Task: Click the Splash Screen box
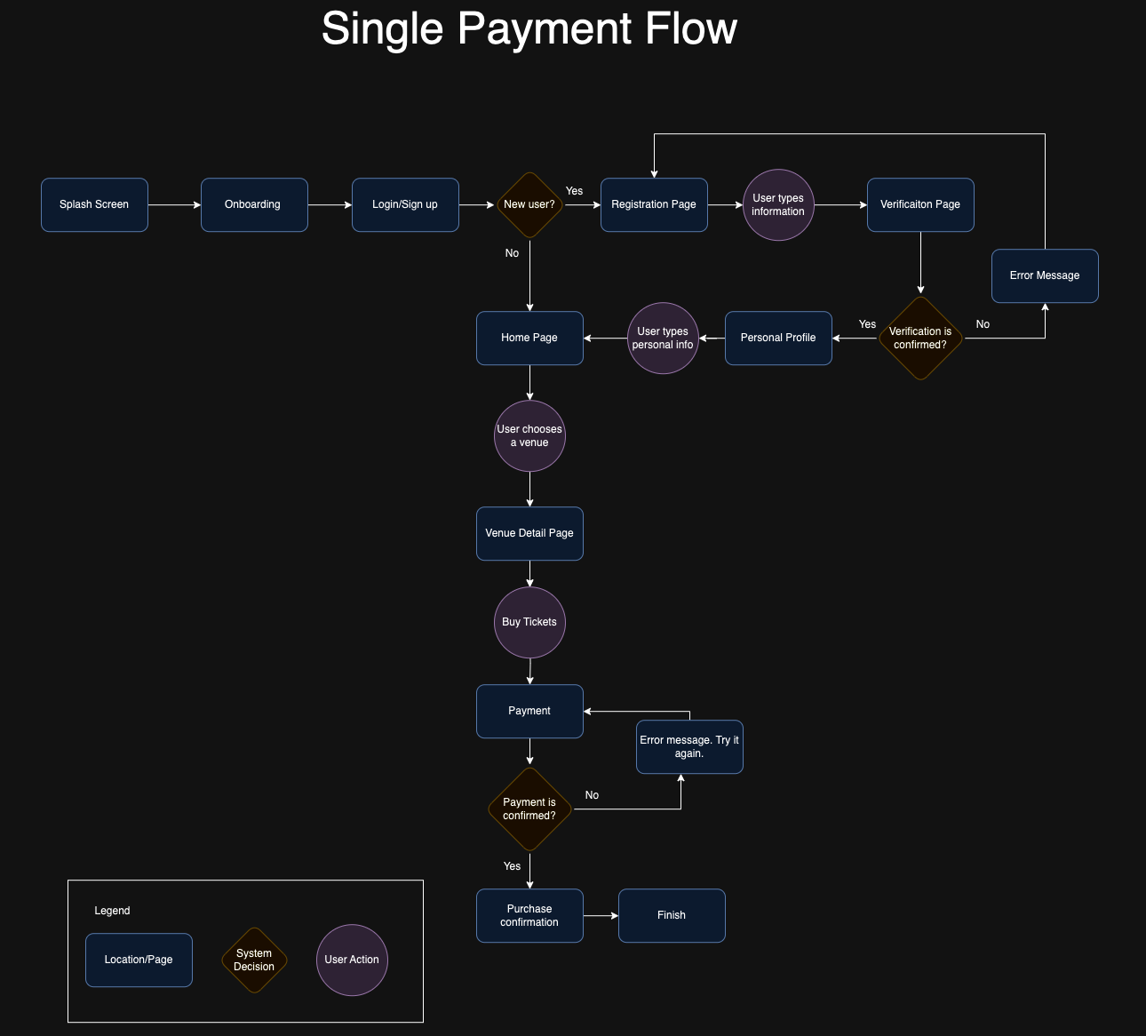94,205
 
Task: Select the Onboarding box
254,205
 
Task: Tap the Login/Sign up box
405,205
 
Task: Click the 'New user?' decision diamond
529,205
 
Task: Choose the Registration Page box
654,205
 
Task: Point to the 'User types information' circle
778,205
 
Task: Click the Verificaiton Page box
920,205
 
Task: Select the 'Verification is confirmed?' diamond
920,339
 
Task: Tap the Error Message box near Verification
1045,276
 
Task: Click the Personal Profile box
778,339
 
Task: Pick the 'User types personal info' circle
663,339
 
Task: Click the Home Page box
529,339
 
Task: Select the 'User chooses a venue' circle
529,436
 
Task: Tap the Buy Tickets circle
529,623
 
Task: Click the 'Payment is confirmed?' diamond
529,809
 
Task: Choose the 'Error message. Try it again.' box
689,747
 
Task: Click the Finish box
672,916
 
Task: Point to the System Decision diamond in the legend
254,960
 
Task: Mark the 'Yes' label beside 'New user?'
575,191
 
